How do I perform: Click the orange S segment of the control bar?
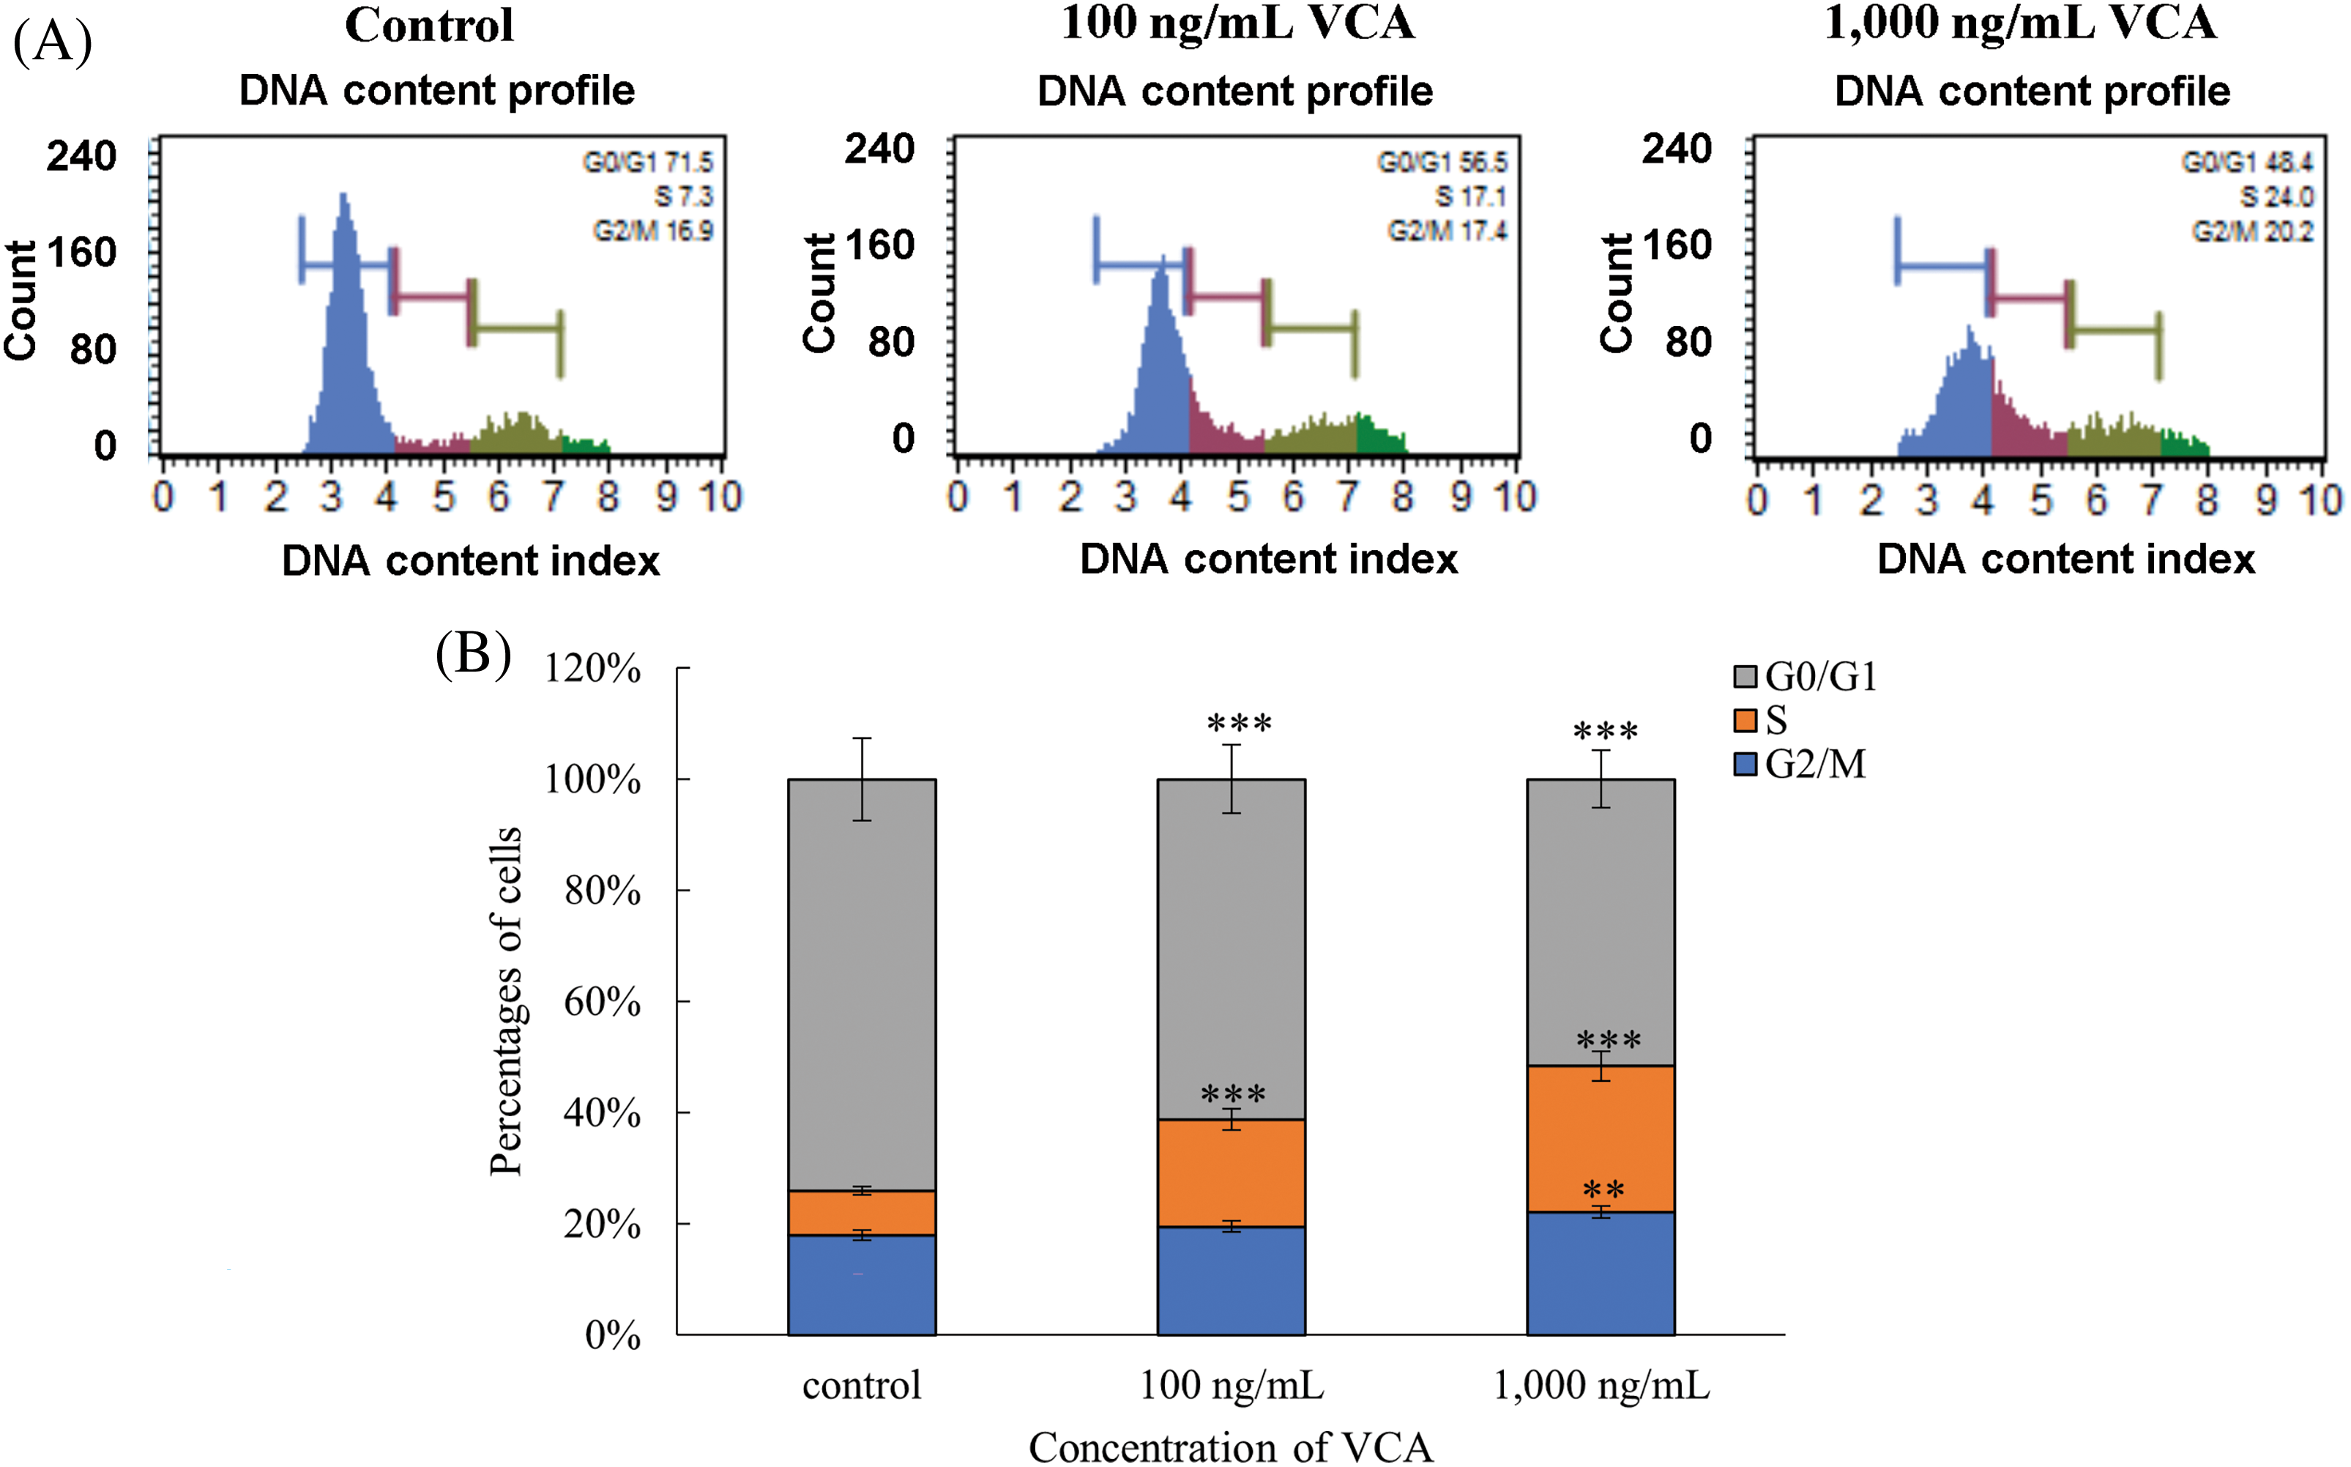point(861,1213)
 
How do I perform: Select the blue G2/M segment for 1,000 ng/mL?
point(1601,1273)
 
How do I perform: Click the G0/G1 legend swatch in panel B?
point(1745,676)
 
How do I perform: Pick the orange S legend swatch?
point(1745,721)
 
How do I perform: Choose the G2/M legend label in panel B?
point(1814,765)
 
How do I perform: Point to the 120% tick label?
point(592,669)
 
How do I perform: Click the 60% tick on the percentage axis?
point(601,1001)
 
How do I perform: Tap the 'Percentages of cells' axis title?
point(505,1001)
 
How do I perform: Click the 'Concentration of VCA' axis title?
point(1230,1446)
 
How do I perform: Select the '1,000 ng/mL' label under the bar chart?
point(1601,1386)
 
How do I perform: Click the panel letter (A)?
point(53,42)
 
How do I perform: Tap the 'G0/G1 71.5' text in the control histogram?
point(647,162)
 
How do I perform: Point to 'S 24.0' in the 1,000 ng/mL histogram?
point(2276,197)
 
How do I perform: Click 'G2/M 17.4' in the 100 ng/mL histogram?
point(1446,231)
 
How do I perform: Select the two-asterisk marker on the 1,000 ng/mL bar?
point(1603,1190)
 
